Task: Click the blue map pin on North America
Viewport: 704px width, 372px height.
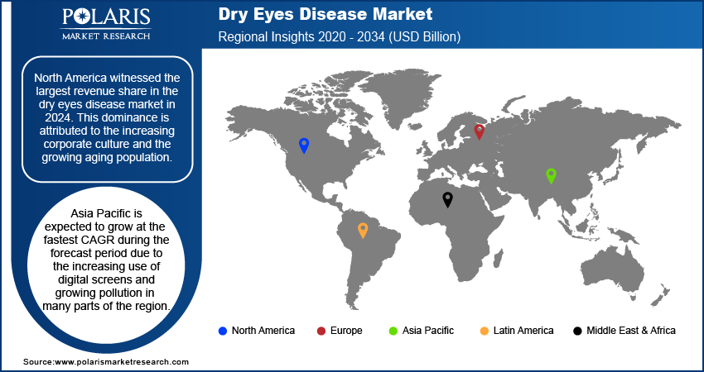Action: [304, 145]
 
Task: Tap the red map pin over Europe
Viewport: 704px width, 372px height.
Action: [479, 131]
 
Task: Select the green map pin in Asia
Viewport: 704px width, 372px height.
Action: [550, 174]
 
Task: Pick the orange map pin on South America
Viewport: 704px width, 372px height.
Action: [362, 229]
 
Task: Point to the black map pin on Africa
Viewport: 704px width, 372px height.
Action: [447, 198]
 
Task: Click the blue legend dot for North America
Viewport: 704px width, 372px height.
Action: [222, 331]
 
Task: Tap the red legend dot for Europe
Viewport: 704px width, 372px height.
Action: [321, 331]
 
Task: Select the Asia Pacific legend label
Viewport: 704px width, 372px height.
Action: [428, 331]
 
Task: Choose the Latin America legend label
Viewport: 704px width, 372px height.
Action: [523, 331]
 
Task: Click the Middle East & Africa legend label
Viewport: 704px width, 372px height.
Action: [630, 331]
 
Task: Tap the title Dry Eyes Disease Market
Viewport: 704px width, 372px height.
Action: [325, 14]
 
